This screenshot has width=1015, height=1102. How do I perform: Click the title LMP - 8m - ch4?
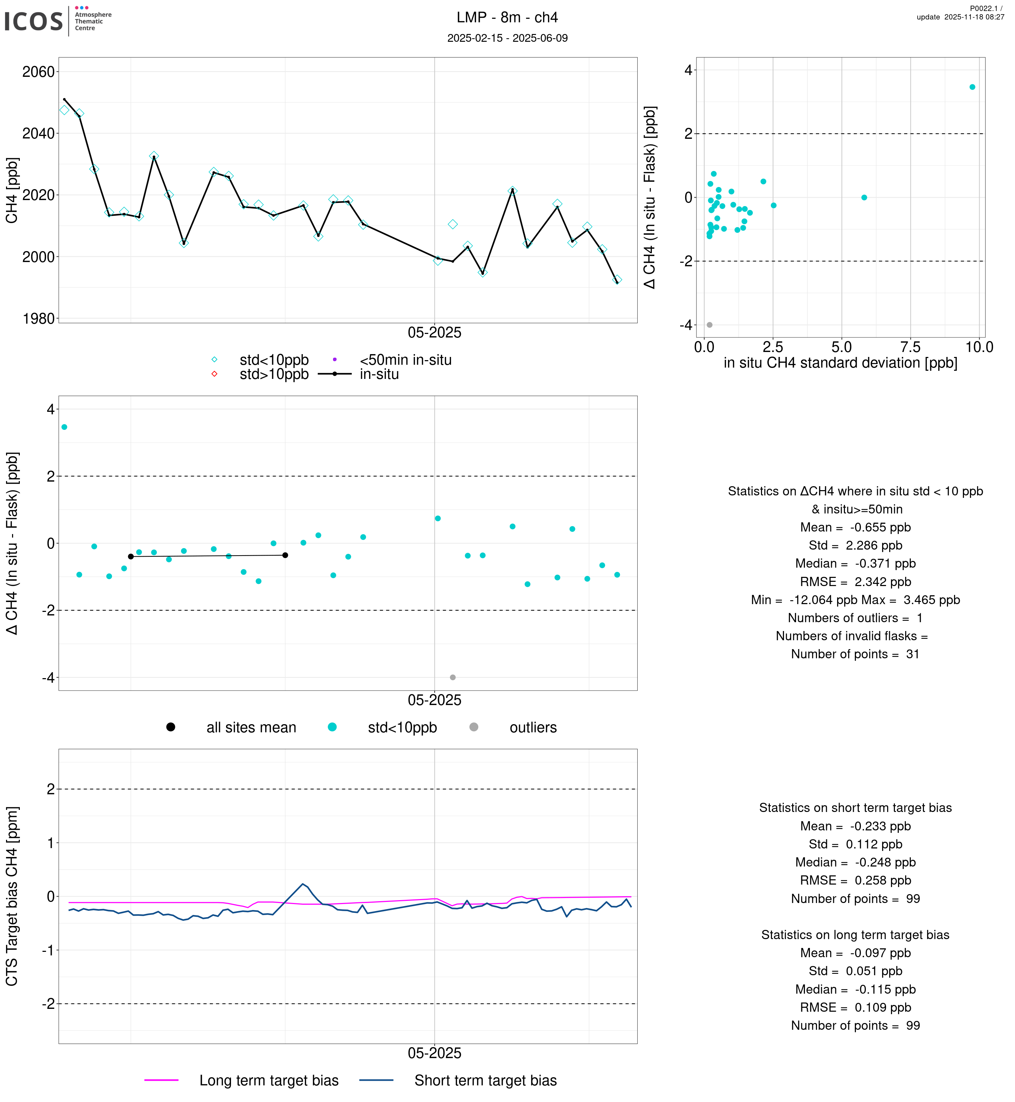click(507, 18)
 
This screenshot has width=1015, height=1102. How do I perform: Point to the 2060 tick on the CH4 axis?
click(39, 72)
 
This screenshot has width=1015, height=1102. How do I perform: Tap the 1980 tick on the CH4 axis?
click(39, 318)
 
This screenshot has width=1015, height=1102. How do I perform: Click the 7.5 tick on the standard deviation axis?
click(910, 347)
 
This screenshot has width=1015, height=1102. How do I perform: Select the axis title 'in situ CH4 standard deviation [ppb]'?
click(840, 363)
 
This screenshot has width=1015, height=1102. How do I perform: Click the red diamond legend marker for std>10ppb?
click(214, 374)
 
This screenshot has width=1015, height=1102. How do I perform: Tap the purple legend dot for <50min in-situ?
click(334, 360)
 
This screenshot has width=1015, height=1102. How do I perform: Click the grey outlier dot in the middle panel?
click(452, 677)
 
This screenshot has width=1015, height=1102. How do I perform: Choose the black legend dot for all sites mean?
click(171, 727)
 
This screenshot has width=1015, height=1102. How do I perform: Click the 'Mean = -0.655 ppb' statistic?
click(855, 528)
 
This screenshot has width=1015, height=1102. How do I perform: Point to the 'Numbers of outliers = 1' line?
click(855, 618)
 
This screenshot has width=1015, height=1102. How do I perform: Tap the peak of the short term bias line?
click(303, 884)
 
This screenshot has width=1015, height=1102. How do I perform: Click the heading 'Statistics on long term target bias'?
click(855, 935)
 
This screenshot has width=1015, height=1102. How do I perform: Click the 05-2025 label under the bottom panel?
click(434, 1053)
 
